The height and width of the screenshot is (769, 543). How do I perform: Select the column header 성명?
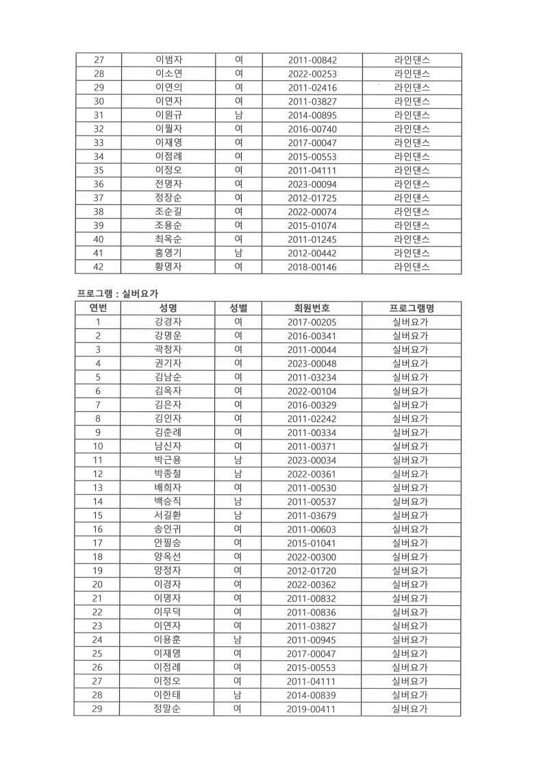pos(168,308)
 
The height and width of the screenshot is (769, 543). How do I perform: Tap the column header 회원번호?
pos(312,308)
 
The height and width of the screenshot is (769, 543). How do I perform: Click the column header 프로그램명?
pos(412,308)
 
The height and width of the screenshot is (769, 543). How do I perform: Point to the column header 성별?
pos(238,308)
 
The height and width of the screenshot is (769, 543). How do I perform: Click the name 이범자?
pos(168,60)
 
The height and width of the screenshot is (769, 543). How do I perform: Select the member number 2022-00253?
pos(312,73)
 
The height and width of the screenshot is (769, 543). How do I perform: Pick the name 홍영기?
pos(168,253)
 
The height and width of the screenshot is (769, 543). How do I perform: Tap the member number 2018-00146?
pos(312,267)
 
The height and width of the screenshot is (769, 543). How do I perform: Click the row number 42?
pos(98,267)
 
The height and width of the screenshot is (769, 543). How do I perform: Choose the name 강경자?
pos(168,322)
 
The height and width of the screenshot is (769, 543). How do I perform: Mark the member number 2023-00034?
pos(312,460)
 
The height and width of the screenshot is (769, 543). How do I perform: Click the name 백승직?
pos(168,502)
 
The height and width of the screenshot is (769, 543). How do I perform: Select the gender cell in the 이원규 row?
pos(238,115)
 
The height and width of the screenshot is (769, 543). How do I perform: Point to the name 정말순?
pos(168,709)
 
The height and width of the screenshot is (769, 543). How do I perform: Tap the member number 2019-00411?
pos(312,709)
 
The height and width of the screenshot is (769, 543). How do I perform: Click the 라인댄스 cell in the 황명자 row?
pos(412,267)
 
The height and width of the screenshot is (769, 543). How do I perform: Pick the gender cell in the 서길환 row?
pos(238,515)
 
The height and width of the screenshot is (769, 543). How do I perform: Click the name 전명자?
pos(168,184)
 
